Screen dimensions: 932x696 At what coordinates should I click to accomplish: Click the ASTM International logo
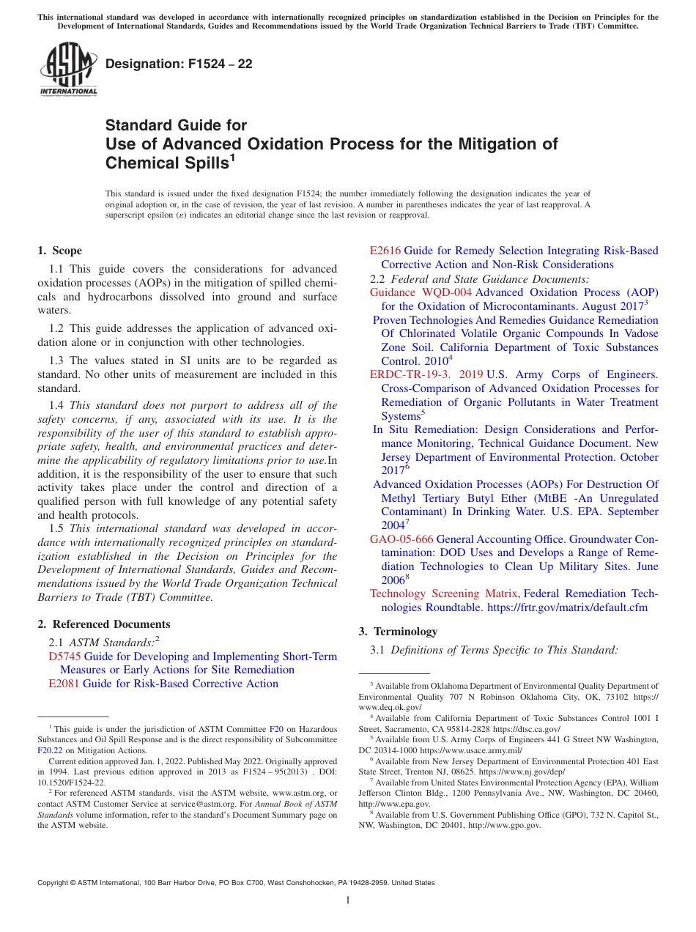pyautogui.click(x=68, y=69)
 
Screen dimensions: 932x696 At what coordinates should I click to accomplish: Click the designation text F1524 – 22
pyautogui.click(x=179, y=64)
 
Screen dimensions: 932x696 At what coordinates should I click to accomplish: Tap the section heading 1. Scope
pyautogui.click(x=59, y=251)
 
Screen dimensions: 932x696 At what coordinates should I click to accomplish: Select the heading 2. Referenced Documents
pyautogui.click(x=103, y=624)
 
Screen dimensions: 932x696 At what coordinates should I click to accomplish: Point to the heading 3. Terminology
pyautogui.click(x=398, y=631)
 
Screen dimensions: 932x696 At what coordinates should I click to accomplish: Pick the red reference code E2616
pyautogui.click(x=385, y=251)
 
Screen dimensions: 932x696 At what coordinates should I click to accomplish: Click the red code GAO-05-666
pyautogui.click(x=401, y=539)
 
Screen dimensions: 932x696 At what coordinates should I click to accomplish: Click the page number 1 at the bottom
pyautogui.click(x=348, y=900)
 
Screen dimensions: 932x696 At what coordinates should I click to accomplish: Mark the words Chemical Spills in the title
pyautogui.click(x=166, y=163)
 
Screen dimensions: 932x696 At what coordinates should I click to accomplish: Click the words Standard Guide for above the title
pyautogui.click(x=177, y=125)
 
